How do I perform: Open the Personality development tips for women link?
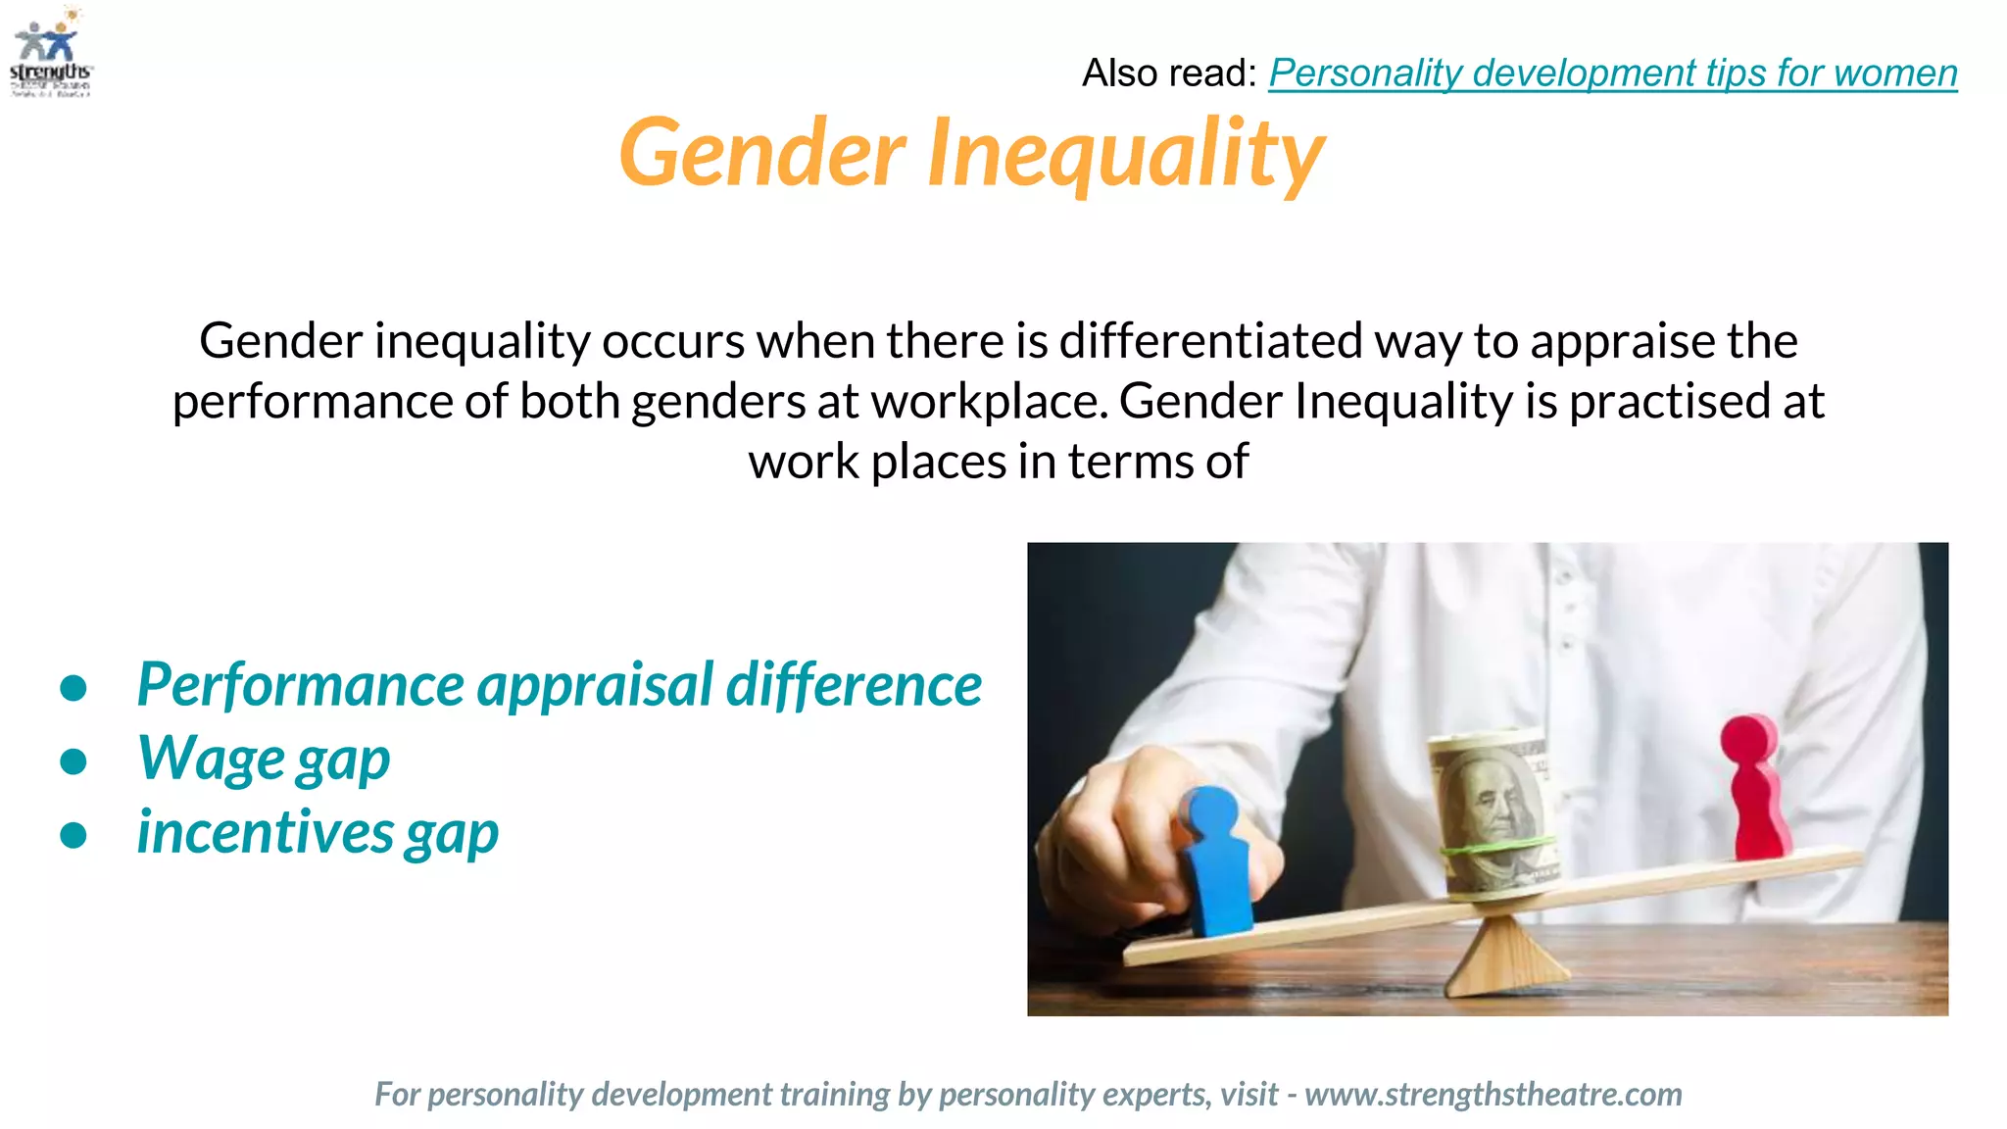click(1612, 74)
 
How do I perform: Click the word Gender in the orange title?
click(761, 153)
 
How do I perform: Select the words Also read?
click(1167, 74)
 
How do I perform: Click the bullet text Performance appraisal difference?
click(559, 684)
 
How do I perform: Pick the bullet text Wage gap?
click(264, 759)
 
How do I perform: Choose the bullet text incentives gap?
click(318, 833)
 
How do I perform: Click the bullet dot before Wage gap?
click(73, 761)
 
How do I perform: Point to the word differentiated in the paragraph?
click(1210, 341)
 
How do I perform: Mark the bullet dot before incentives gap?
click(73, 835)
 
